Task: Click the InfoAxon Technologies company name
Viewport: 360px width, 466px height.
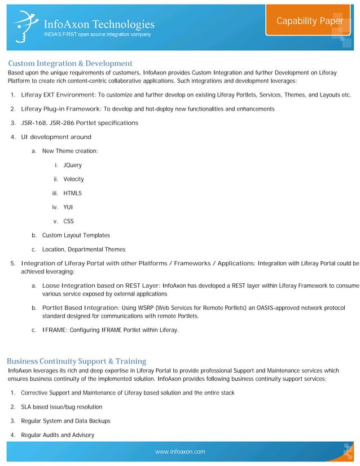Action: tap(99, 24)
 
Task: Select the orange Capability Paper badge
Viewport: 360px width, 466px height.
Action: tap(309, 21)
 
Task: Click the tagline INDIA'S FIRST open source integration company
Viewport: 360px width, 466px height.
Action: tap(97, 35)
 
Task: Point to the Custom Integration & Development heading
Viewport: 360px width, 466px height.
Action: tap(70, 63)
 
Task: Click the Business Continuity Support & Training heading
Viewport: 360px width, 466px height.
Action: tap(76, 361)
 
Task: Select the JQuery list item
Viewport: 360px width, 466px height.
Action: tap(72, 165)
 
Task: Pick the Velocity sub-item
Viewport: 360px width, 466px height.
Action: tap(73, 179)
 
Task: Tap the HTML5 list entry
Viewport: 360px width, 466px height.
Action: tap(72, 194)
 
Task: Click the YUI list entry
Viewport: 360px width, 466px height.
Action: tap(68, 207)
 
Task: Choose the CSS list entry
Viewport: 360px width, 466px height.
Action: tap(68, 221)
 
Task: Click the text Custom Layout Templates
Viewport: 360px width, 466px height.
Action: tap(76, 235)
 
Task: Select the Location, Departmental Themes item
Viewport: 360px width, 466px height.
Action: tap(84, 249)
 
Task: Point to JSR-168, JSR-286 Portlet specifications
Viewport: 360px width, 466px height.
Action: tap(79, 123)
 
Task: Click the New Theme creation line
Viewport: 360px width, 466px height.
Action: tap(69, 151)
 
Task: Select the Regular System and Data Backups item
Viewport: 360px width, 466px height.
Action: tap(65, 421)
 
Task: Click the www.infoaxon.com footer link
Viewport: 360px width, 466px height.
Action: tap(180, 452)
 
